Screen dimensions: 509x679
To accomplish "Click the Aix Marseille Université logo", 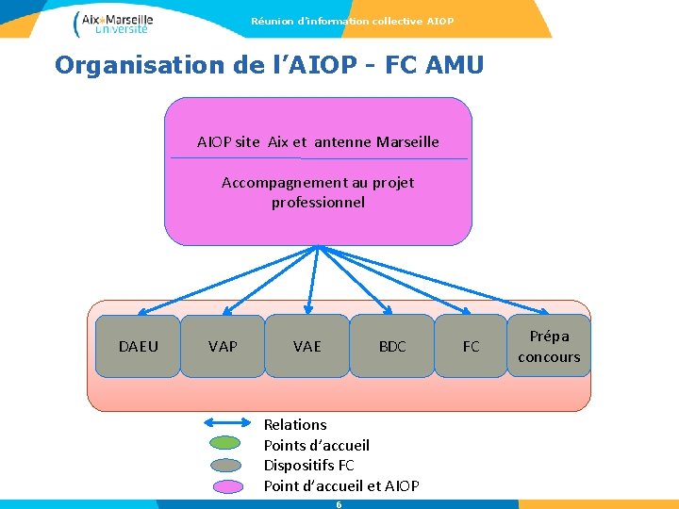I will (x=112, y=23).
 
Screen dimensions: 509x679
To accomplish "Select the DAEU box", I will (x=139, y=346).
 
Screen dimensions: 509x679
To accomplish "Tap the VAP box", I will (x=223, y=346).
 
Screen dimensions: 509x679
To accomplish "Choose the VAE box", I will (x=306, y=346).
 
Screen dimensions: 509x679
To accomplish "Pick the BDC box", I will (x=391, y=346).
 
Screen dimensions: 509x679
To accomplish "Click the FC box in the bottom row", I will (x=471, y=346).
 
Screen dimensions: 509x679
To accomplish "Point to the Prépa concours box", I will (x=549, y=346).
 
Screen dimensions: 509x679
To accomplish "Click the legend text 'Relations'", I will (x=295, y=425).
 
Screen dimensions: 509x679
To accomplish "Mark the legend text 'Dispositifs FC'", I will (x=308, y=466).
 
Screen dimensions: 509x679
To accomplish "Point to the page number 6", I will (x=339, y=504).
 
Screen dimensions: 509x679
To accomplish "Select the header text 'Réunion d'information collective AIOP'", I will (x=352, y=21).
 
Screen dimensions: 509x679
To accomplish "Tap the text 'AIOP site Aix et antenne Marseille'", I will (x=318, y=142).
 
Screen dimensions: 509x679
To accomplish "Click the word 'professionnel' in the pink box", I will (x=318, y=203).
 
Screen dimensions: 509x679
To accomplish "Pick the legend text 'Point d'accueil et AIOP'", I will (x=341, y=486).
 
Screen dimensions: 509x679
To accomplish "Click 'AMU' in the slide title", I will (x=455, y=65).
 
